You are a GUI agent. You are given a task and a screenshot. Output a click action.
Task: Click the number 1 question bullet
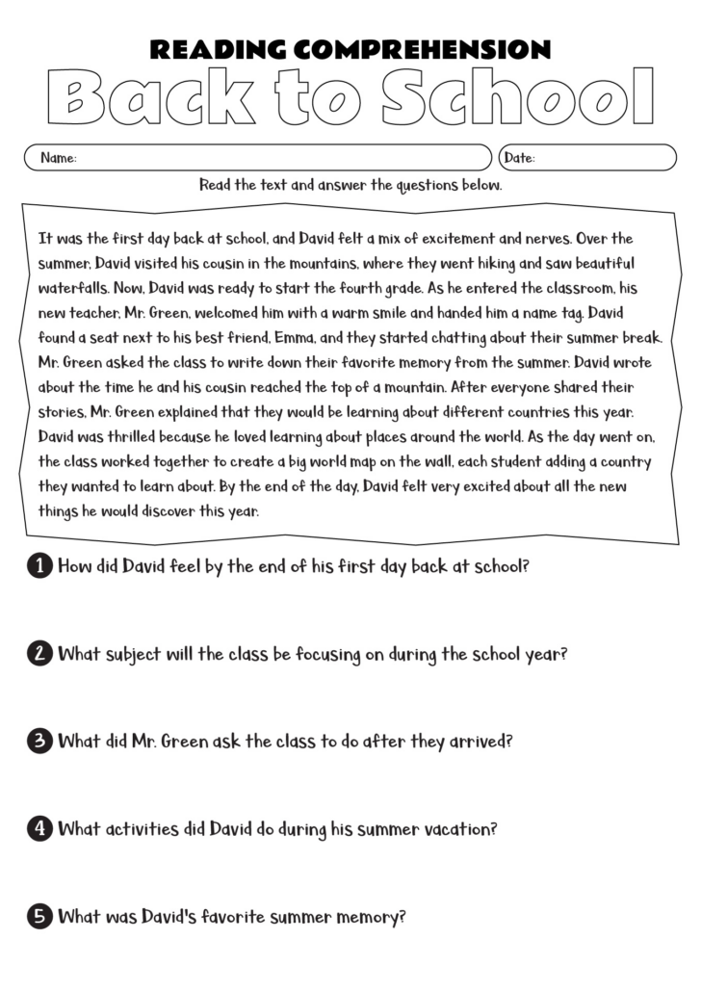tap(39, 567)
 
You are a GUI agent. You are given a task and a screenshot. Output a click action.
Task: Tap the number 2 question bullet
tap(39, 655)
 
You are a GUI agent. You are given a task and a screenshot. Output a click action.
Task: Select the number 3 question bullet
tap(39, 743)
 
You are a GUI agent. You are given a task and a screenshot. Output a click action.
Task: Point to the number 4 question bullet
tap(39, 829)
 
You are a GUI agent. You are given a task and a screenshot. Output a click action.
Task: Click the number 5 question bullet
tap(39, 917)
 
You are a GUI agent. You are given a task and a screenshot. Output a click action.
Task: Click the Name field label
tap(58, 158)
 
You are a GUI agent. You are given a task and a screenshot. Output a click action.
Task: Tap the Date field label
tap(520, 158)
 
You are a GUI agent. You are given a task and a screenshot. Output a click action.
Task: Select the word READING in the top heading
tap(218, 50)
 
